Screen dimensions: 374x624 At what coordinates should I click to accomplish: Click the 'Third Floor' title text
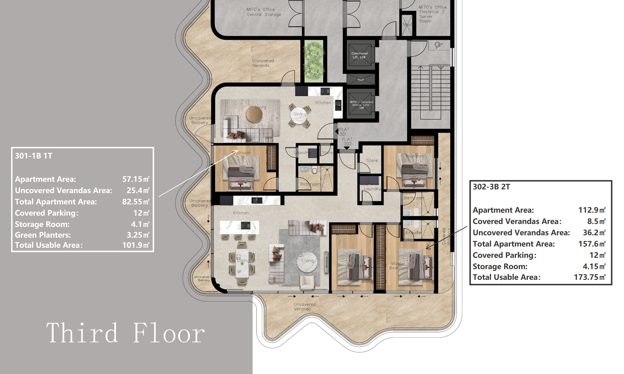coord(125,333)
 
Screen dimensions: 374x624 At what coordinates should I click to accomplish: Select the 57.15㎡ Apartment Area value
coord(136,179)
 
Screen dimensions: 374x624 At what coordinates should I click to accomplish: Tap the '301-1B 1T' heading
coord(33,156)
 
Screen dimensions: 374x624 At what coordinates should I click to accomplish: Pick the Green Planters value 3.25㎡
coord(138,235)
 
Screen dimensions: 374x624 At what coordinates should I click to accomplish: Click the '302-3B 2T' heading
coord(491,187)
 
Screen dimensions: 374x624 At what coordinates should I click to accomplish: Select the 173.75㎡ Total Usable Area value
coord(589,277)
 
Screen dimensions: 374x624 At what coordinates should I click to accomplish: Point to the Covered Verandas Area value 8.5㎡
coord(596,221)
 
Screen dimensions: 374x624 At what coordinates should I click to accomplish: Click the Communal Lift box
coord(359,55)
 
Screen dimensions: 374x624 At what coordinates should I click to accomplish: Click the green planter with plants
coord(314,61)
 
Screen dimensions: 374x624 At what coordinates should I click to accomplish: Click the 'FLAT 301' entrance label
coord(344,131)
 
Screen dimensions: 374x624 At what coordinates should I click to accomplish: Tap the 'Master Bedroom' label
coord(398,266)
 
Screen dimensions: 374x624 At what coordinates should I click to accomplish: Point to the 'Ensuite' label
coord(413,233)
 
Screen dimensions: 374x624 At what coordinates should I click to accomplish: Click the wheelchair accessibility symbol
coord(438,45)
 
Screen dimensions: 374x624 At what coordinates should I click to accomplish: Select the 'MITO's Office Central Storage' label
coord(264,12)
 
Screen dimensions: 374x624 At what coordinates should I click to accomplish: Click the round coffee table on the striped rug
coord(254,114)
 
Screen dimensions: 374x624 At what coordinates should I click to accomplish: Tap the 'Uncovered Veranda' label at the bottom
coord(304,307)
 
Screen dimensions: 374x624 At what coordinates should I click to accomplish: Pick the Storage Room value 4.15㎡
coord(594,266)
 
